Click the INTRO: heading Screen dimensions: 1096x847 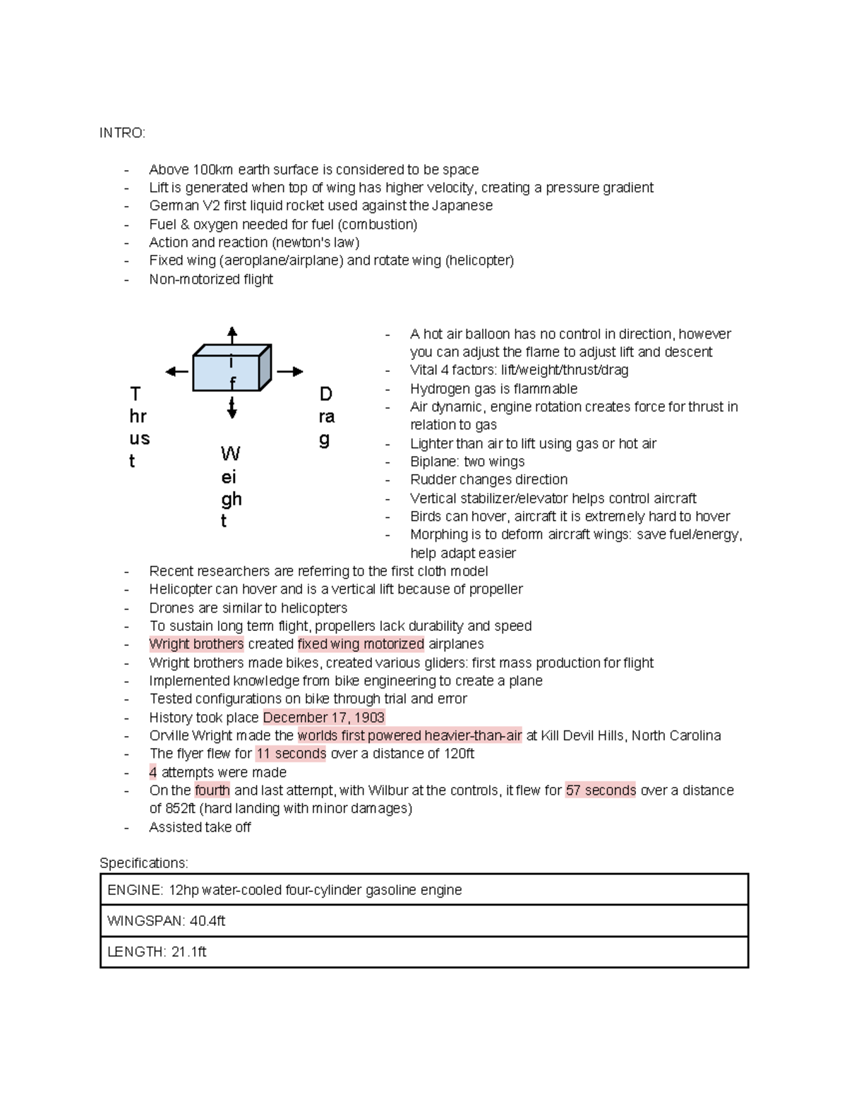tap(122, 133)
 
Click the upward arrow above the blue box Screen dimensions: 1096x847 tap(232, 335)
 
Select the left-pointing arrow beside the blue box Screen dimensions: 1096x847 tap(176, 372)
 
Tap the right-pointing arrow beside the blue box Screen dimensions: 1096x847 tap(290, 371)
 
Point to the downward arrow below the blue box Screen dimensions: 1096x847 tap(232, 408)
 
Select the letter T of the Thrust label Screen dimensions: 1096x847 tap(136, 393)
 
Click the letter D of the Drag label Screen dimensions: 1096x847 tap(325, 393)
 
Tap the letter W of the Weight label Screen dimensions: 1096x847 tap(230, 453)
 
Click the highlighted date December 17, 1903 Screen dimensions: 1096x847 tap(324, 718)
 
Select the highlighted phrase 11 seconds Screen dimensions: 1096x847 tap(291, 754)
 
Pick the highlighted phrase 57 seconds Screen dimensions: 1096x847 tap(601, 790)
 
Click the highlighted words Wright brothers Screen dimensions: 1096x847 tap(196, 644)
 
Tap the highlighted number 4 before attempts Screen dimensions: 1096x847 tap(153, 772)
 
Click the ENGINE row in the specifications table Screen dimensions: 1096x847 tap(423, 890)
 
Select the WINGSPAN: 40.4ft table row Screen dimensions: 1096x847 tap(423, 921)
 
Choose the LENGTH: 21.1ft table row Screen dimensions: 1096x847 tap(423, 952)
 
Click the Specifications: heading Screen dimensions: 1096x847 tap(144, 863)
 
